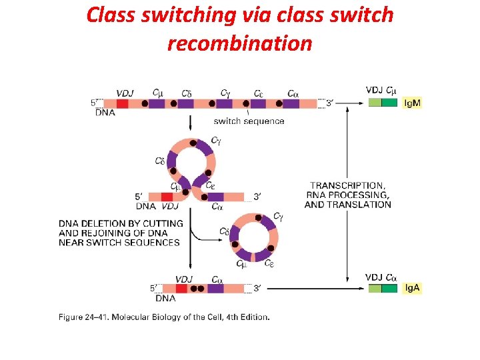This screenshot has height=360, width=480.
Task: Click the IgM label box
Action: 413,103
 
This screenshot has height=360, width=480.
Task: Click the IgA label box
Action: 413,288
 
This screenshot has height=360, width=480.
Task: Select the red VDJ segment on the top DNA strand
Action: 122,103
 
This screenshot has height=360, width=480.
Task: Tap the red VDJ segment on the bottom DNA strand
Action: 181,288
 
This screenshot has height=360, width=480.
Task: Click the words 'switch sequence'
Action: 249,121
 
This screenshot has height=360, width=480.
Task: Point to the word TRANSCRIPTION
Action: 347,185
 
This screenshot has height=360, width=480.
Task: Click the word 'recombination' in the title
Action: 239,43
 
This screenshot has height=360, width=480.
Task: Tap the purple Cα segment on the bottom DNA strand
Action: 215,288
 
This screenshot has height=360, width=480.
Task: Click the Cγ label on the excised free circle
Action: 278,217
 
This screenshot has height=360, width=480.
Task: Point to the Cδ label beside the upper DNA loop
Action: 159,161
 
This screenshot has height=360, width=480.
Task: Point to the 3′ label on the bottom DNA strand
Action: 257,288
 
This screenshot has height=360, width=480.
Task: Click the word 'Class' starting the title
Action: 111,15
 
